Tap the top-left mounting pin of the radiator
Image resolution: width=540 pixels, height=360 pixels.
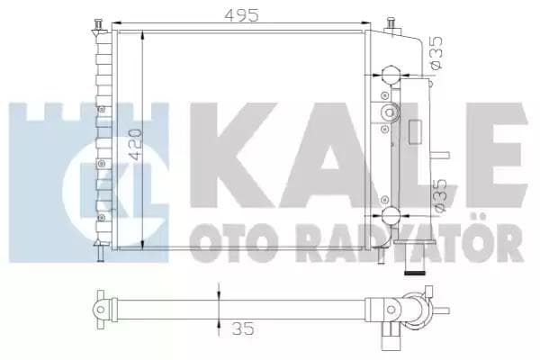pyautogui.click(x=96, y=23)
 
